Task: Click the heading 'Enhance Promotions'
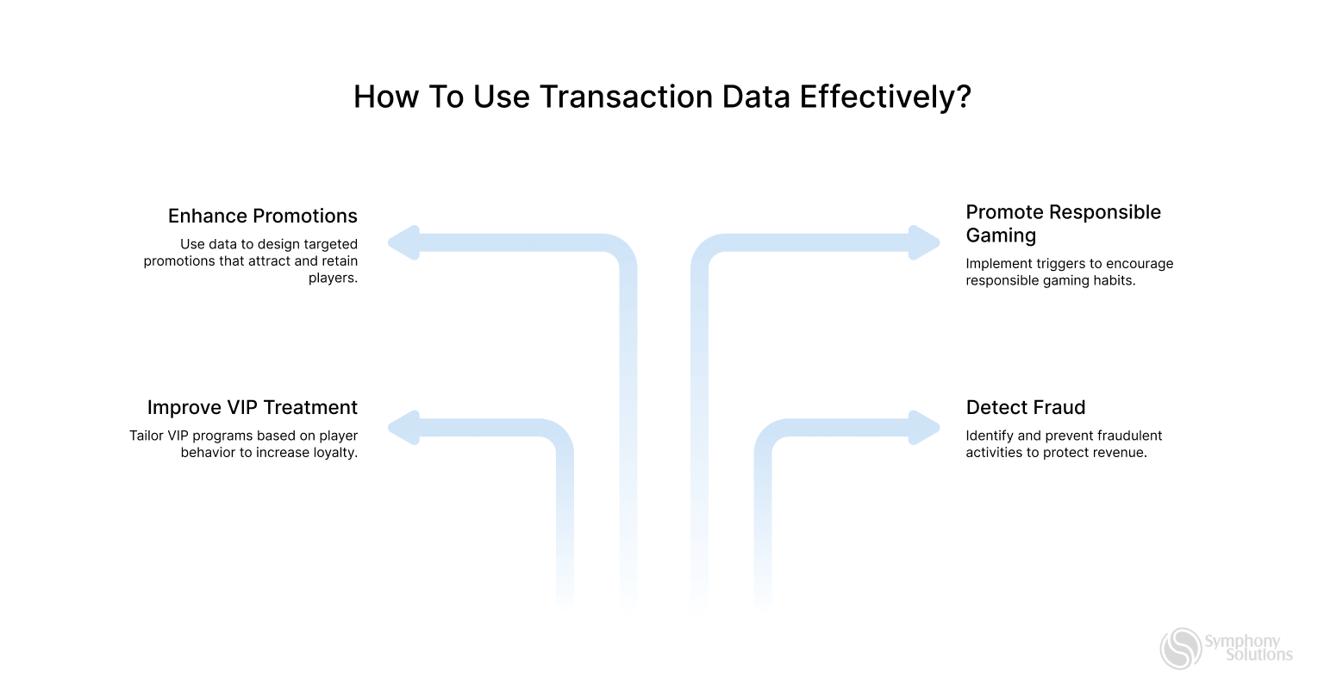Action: tap(262, 216)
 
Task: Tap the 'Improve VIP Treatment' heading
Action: tap(252, 407)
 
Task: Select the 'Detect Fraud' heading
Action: tap(1025, 407)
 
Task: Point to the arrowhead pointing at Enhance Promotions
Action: tap(403, 243)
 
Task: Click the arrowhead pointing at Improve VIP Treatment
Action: tap(403, 428)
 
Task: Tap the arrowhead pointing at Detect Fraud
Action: tap(925, 428)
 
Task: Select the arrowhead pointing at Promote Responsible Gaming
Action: tap(925, 243)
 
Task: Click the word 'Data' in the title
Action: tap(756, 97)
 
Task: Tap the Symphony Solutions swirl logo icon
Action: tap(1180, 648)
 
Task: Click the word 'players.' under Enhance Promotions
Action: tap(333, 279)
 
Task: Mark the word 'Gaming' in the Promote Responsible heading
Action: tap(1001, 235)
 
